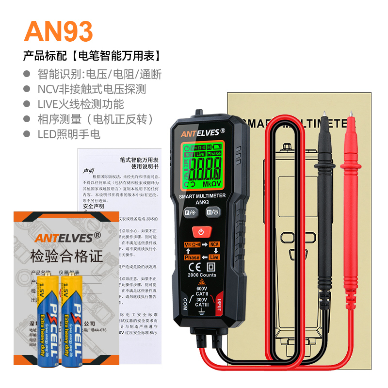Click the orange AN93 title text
(58, 31)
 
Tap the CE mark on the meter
(193, 267)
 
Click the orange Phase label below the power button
(192, 258)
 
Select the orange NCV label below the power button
(214, 244)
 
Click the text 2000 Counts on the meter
(202, 275)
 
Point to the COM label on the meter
(185, 304)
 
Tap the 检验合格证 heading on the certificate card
(66, 256)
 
